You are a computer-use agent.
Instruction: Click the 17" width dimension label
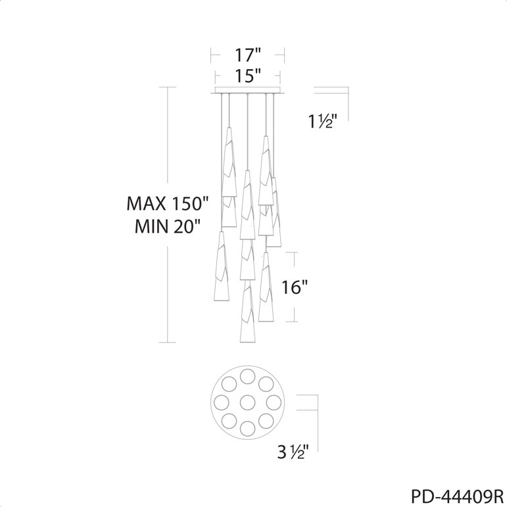click(x=248, y=55)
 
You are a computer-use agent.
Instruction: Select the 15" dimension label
click(x=248, y=76)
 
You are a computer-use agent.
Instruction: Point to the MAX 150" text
click(x=168, y=203)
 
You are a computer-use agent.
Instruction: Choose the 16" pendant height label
click(x=294, y=287)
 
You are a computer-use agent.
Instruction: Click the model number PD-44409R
click(x=457, y=497)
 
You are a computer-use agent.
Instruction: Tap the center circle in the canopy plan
click(x=248, y=402)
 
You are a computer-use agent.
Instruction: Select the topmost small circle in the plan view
click(x=248, y=376)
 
